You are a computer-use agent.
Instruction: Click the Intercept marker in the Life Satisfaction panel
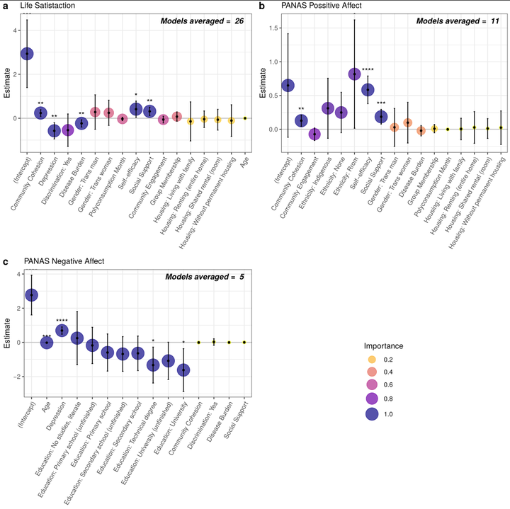(x=27, y=53)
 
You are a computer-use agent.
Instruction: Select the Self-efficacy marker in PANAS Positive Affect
(x=368, y=90)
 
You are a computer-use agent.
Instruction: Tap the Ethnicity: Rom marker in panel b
(x=354, y=74)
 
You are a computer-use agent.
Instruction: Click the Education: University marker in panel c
(x=184, y=370)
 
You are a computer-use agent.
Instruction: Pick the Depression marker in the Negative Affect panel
(x=62, y=330)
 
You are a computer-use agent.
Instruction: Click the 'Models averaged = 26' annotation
(x=201, y=22)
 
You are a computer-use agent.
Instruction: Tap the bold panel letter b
(x=262, y=6)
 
